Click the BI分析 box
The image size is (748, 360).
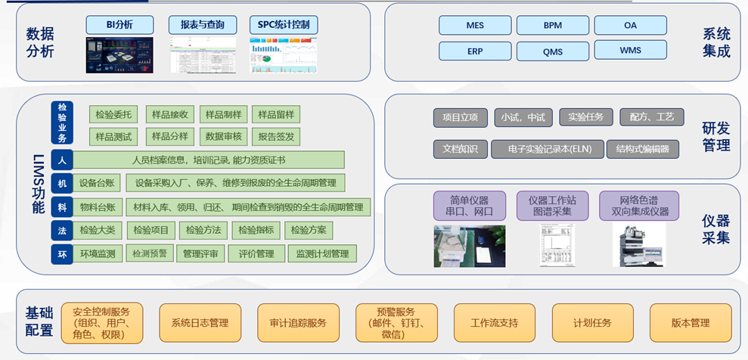(119, 25)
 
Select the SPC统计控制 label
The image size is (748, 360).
(284, 25)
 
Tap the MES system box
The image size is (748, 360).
(475, 25)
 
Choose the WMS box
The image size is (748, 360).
(630, 50)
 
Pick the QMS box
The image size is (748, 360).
(552, 51)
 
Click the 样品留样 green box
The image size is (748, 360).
(276, 115)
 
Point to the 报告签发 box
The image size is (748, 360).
(276, 137)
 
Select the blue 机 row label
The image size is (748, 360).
(62, 183)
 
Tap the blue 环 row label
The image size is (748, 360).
(62, 254)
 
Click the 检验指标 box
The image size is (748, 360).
(256, 230)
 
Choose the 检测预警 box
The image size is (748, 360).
(149, 254)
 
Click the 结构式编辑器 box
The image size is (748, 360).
(642, 149)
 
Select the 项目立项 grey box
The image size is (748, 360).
(460, 117)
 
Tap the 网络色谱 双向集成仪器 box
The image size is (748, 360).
(639, 205)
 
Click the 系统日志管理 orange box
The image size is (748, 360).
(200, 323)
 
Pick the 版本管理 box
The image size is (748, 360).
(691, 323)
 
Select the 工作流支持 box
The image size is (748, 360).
(495, 323)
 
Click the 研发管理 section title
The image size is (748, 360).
(715, 136)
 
